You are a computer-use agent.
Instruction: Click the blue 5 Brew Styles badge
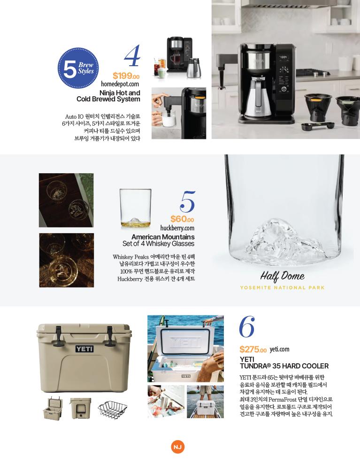(78, 69)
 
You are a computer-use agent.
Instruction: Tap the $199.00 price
(126, 76)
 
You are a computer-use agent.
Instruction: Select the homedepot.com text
(120, 84)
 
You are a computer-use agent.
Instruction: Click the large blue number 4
(132, 55)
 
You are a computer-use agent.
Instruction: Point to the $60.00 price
(182, 219)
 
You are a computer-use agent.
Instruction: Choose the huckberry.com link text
(177, 228)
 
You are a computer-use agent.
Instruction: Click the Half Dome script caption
(282, 276)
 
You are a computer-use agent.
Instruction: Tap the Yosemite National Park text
(282, 288)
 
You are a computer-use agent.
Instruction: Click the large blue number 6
(247, 327)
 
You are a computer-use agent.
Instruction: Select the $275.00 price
(253, 350)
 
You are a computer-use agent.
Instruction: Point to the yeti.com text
(279, 350)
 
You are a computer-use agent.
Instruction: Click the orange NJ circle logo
(177, 447)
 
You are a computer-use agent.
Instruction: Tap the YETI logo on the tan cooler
(84, 349)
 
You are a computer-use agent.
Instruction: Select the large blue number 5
(187, 202)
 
